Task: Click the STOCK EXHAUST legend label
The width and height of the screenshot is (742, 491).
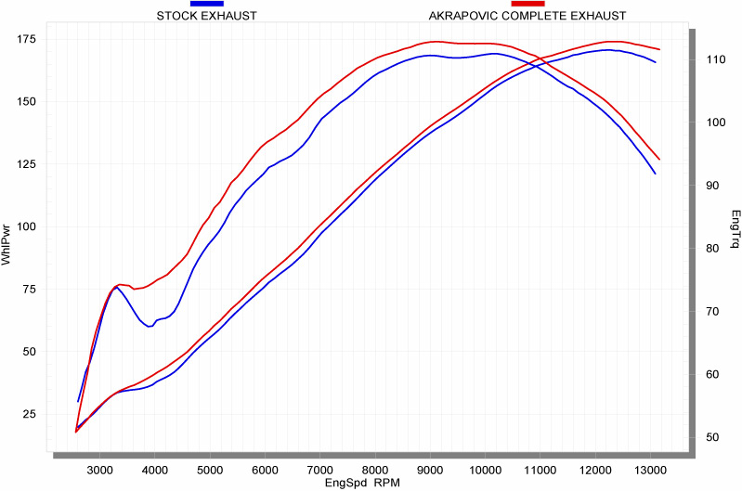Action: (206, 16)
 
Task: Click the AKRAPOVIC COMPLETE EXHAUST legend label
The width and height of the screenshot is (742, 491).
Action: (527, 16)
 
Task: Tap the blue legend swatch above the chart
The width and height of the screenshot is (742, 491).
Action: (206, 5)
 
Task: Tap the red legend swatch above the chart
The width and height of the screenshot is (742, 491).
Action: (527, 5)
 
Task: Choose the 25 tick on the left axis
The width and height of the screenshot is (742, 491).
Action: (29, 414)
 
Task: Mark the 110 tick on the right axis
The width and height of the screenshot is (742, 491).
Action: (714, 59)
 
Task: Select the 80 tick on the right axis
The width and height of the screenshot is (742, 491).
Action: (714, 249)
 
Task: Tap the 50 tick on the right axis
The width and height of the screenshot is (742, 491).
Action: (714, 437)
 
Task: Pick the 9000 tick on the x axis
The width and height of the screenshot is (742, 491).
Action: (430, 470)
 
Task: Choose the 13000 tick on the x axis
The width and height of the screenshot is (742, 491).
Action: (650, 470)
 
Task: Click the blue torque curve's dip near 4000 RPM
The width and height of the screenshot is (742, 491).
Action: (149, 326)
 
